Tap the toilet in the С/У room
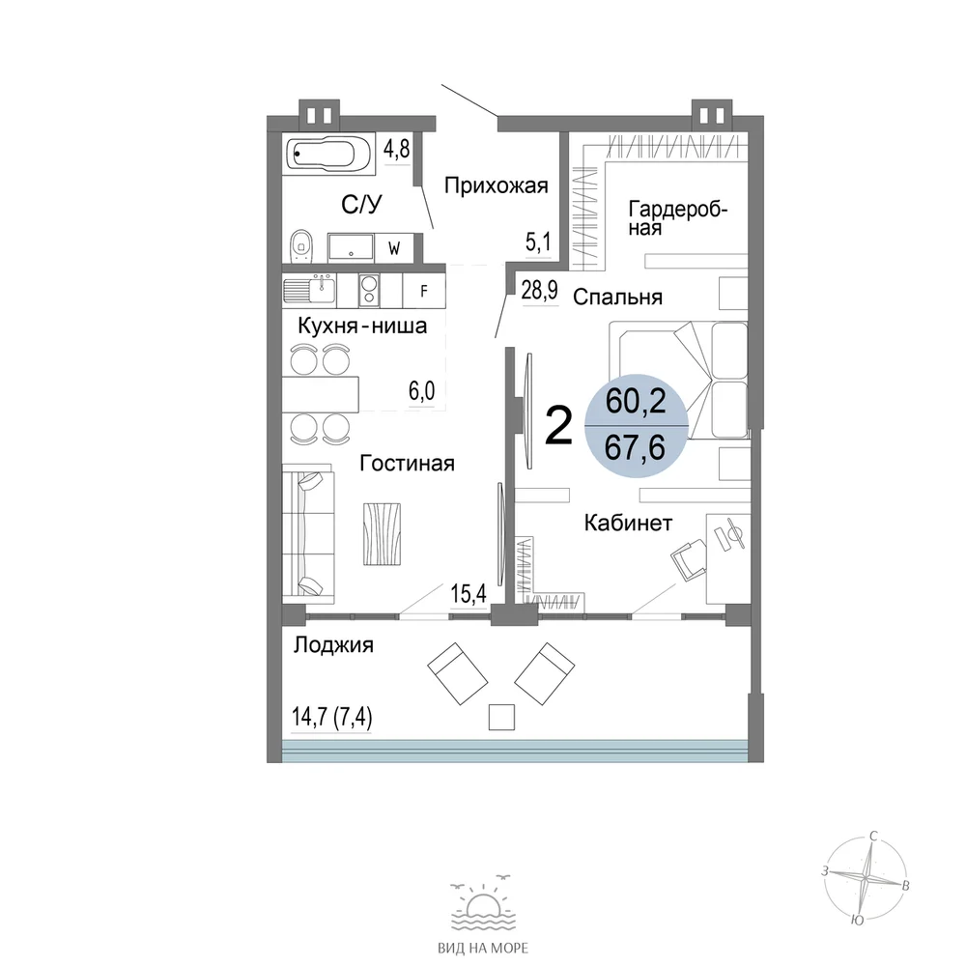pyautogui.click(x=300, y=246)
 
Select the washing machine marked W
pyautogui.click(x=394, y=248)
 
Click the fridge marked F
pyautogui.click(x=424, y=291)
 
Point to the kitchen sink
pyautogui.click(x=309, y=291)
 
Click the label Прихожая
pyautogui.click(x=496, y=185)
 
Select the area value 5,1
pyautogui.click(x=538, y=242)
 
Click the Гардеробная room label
pyautogui.click(x=678, y=218)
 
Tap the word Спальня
pyautogui.click(x=617, y=297)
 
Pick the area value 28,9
pyautogui.click(x=540, y=290)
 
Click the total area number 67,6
pyautogui.click(x=635, y=446)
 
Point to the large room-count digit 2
pyautogui.click(x=559, y=426)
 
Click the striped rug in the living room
pyautogui.click(x=382, y=534)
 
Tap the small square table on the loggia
pyautogui.click(x=501, y=717)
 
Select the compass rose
pyautogui.click(x=866, y=877)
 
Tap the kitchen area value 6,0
pyautogui.click(x=421, y=390)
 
